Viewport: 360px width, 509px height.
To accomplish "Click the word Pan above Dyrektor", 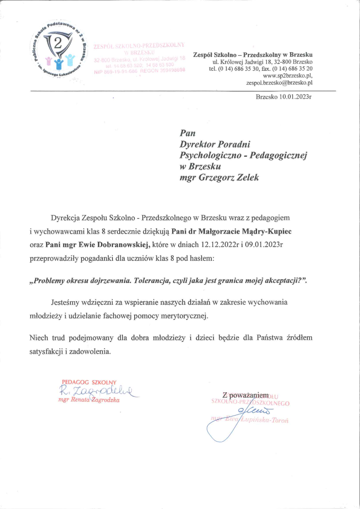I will pos(188,134).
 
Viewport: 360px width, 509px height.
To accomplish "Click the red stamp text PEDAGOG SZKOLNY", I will pos(89,382).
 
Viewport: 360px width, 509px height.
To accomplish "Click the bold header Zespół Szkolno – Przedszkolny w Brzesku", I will pos(253,55).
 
